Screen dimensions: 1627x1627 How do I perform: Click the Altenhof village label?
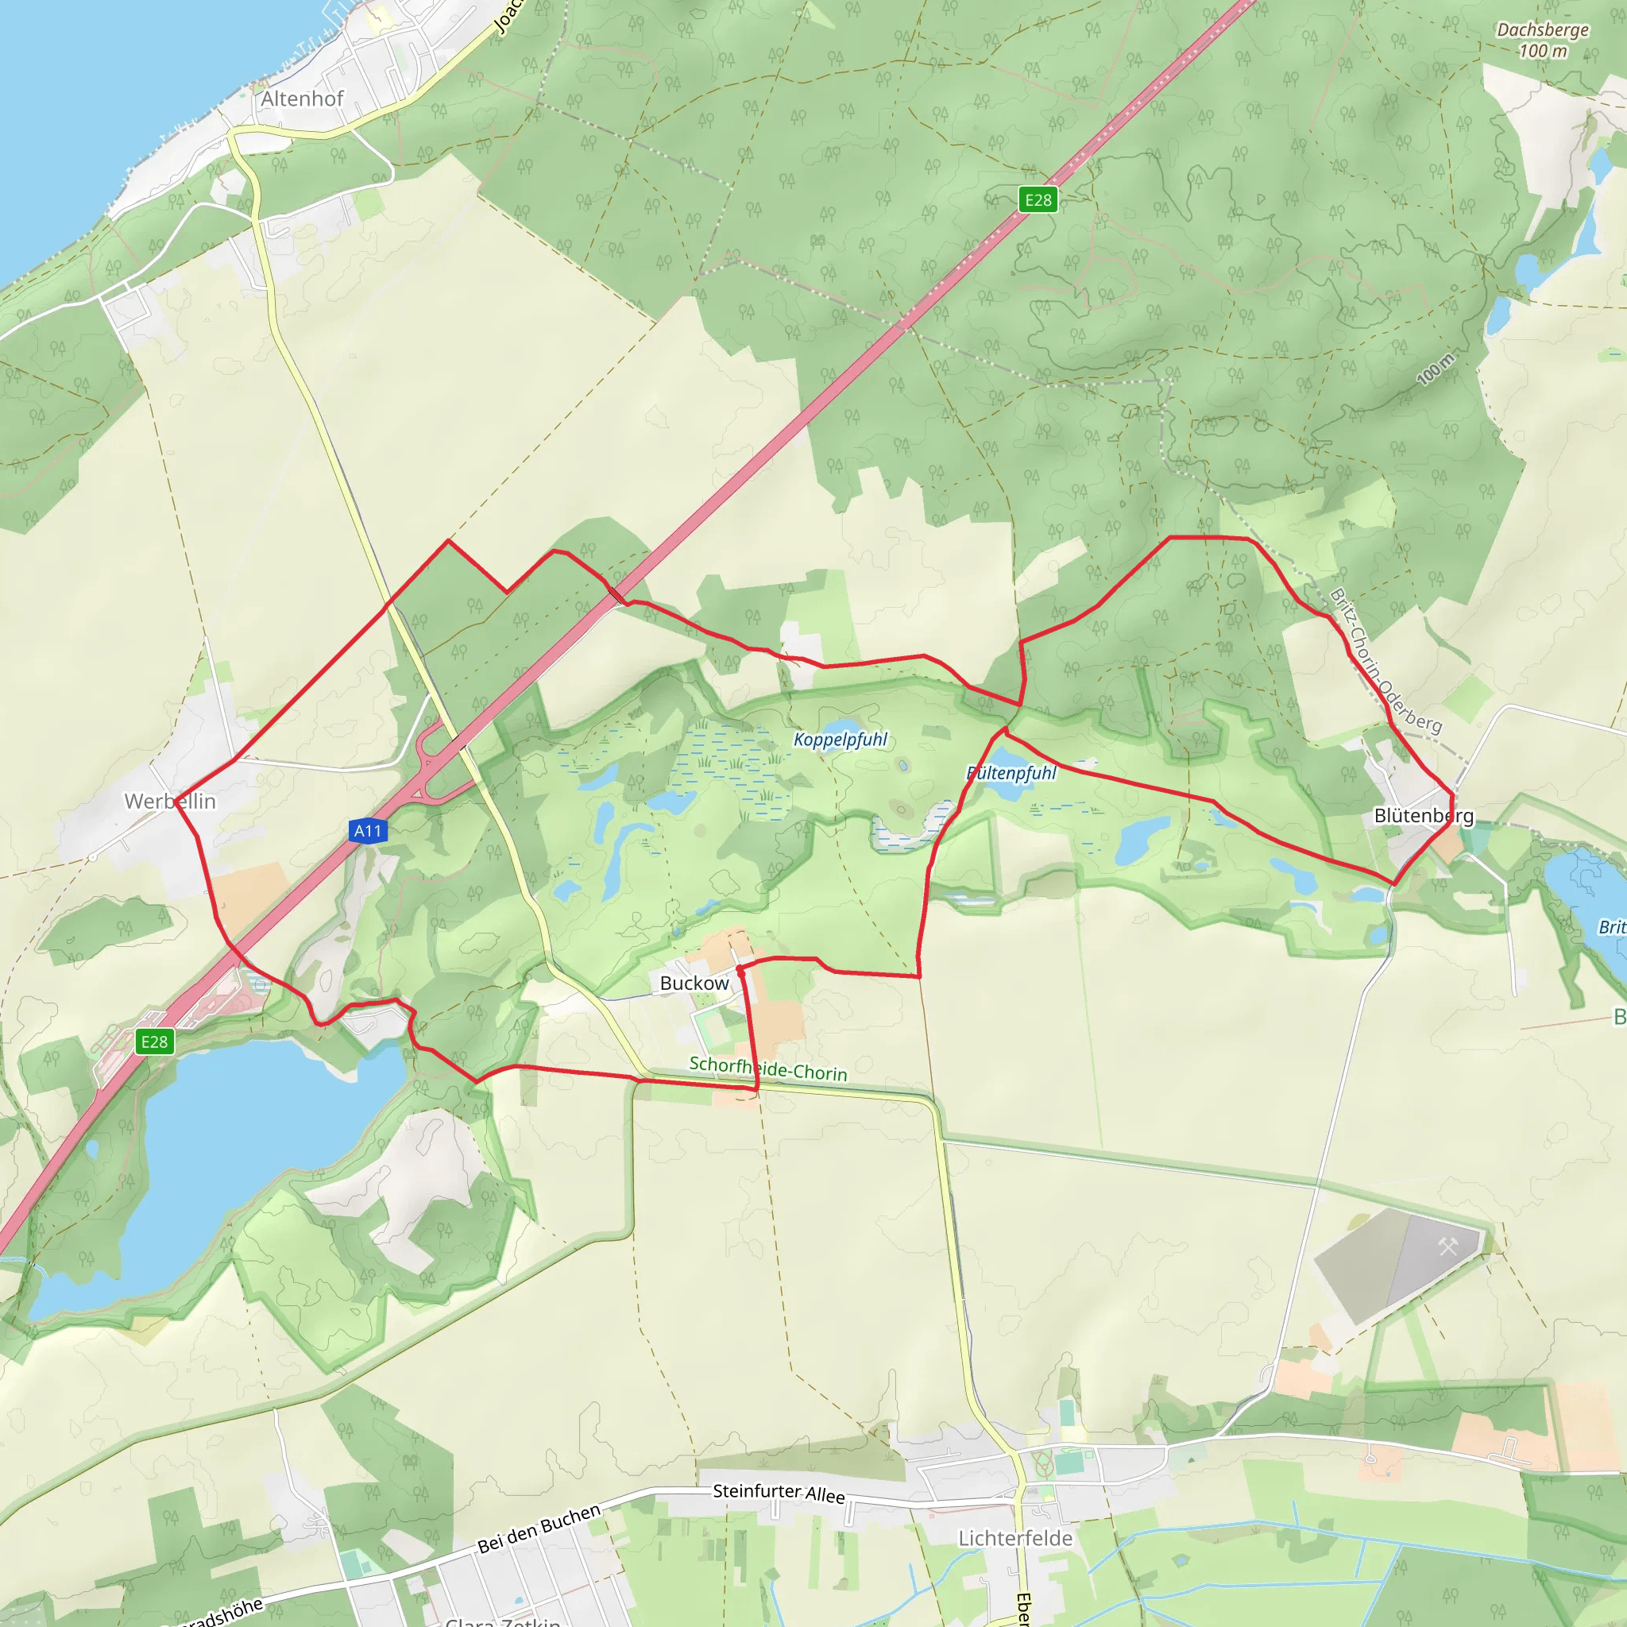click(301, 99)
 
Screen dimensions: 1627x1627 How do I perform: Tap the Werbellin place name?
click(170, 802)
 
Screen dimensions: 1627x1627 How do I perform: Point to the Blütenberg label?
click(1423, 815)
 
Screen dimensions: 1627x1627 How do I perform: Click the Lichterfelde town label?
click(1014, 1538)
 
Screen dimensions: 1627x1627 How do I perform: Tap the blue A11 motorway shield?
click(367, 831)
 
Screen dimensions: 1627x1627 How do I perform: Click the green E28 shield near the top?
click(1038, 199)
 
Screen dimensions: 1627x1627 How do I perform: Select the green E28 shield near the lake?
click(154, 1042)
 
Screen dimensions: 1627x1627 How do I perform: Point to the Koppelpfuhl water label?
click(841, 740)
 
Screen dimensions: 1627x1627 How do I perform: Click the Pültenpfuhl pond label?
click(1011, 772)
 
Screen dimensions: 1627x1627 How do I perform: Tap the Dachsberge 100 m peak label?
click(1543, 40)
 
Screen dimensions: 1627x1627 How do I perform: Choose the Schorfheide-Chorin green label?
click(768, 1069)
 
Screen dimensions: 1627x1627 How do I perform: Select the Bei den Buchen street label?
click(539, 1528)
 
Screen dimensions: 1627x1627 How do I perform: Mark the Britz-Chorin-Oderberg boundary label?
click(1385, 660)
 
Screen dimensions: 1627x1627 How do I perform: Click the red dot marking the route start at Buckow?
click(740, 969)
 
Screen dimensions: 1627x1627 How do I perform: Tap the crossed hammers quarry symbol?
click(1447, 1246)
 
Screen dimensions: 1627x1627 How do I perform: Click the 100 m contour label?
click(1435, 369)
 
